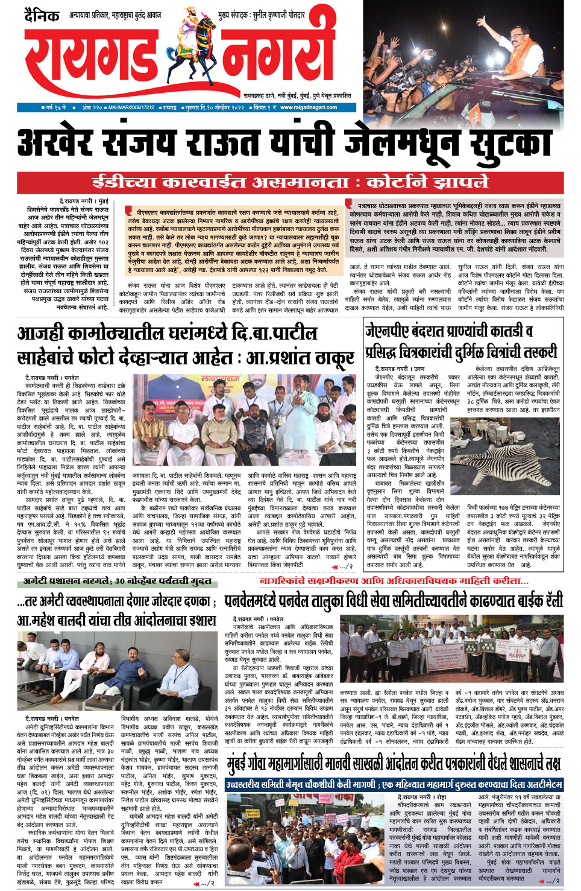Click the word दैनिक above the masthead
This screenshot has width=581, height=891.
(x=42, y=15)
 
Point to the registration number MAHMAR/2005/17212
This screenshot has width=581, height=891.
(x=131, y=107)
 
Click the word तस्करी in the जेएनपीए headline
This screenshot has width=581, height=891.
(x=536, y=352)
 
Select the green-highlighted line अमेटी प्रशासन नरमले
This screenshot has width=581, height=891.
(x=117, y=581)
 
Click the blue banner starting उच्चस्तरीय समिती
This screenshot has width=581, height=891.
(x=394, y=784)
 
